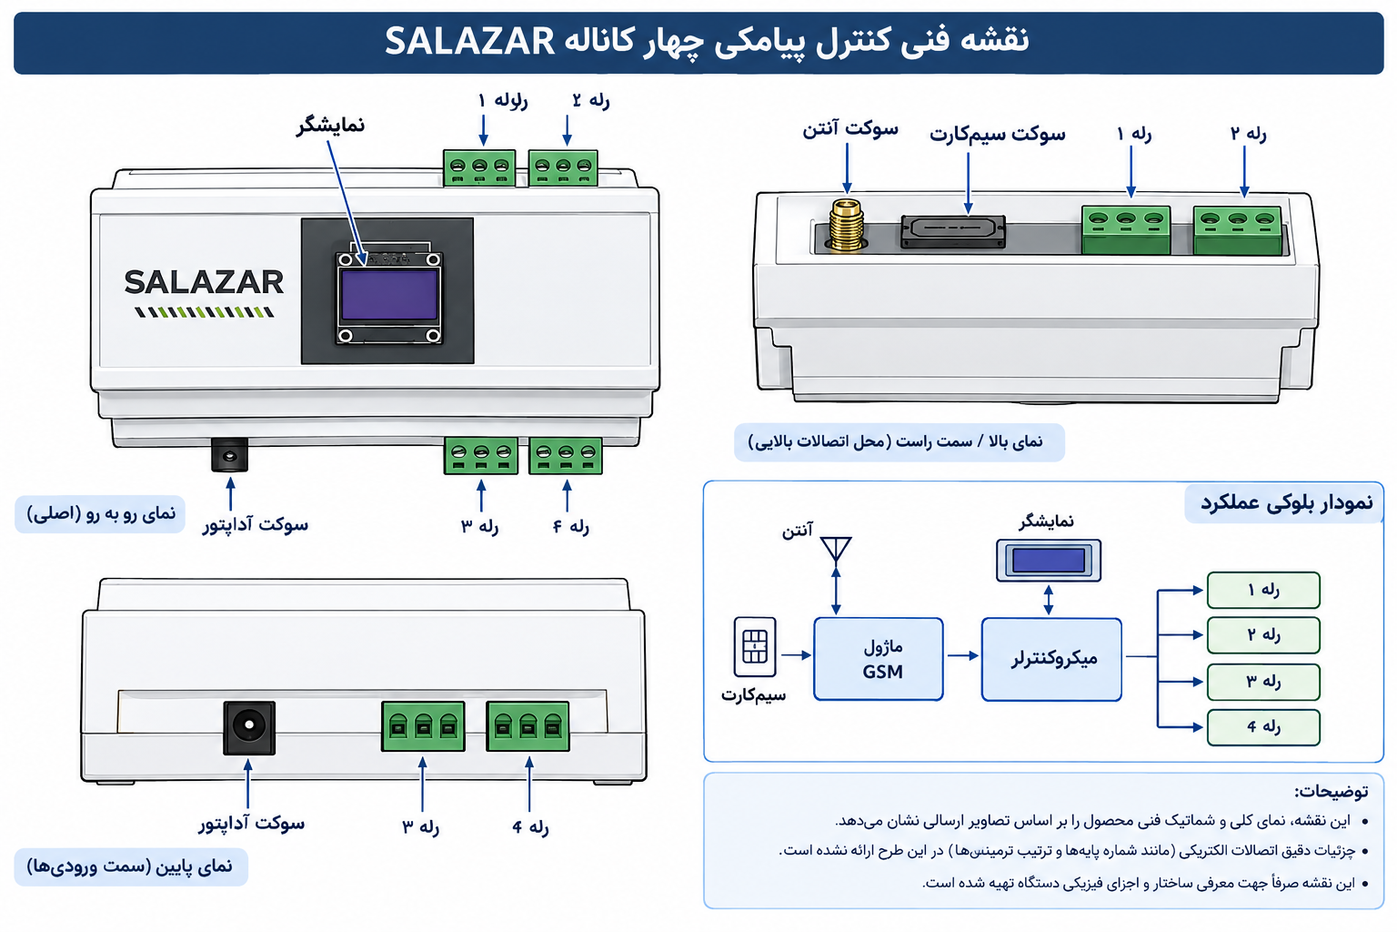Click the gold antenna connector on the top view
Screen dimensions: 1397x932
[847, 226]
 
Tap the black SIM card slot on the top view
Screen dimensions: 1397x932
[953, 231]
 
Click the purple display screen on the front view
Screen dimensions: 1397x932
[389, 295]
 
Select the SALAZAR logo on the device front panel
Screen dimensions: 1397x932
[204, 291]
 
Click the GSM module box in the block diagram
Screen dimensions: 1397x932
[878, 659]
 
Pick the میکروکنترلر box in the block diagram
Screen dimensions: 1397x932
[1051, 659]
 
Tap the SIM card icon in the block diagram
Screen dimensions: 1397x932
[755, 647]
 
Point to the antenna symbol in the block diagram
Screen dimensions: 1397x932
[836, 550]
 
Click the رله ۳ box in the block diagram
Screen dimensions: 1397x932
[1263, 682]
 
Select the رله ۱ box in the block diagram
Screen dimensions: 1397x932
[1263, 590]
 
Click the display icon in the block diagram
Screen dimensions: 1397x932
[1049, 561]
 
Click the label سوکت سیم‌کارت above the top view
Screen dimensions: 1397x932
[997, 134]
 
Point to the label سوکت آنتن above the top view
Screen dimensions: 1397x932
[850, 129]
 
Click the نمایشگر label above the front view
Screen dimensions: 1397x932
[330, 126]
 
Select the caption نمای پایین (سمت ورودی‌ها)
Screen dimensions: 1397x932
[130, 866]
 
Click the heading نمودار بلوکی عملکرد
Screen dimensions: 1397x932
[1287, 502]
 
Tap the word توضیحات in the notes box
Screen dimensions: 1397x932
[1331, 791]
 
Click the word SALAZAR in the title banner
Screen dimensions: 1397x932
[469, 42]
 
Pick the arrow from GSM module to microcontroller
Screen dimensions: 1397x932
[962, 655]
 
